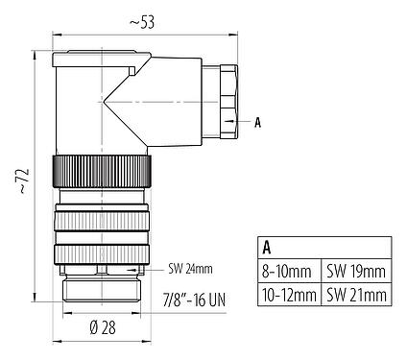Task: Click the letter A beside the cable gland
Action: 258,123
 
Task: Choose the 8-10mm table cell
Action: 289,272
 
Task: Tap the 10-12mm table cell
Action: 289,295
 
